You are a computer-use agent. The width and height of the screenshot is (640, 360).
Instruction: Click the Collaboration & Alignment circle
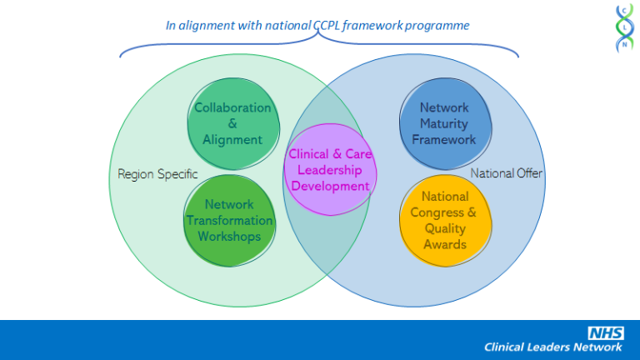coord(232,123)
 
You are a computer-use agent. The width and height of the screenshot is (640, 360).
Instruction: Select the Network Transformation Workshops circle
coord(229,220)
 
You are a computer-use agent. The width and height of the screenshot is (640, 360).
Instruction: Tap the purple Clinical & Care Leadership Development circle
coord(330,170)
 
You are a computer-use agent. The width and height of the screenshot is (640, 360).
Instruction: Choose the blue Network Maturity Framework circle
coord(443,123)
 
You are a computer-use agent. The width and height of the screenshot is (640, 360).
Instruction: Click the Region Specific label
coord(157,174)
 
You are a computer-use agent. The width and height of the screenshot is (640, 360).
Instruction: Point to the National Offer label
coord(507,173)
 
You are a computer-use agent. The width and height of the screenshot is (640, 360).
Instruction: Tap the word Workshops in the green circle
coord(229,236)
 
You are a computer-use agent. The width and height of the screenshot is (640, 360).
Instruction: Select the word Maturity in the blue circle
coord(444,123)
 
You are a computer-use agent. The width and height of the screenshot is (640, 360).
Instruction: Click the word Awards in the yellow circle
coord(445,244)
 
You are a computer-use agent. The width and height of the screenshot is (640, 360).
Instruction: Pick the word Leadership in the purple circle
coord(331,170)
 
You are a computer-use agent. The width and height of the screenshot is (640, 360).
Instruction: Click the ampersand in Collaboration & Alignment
coord(232,123)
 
